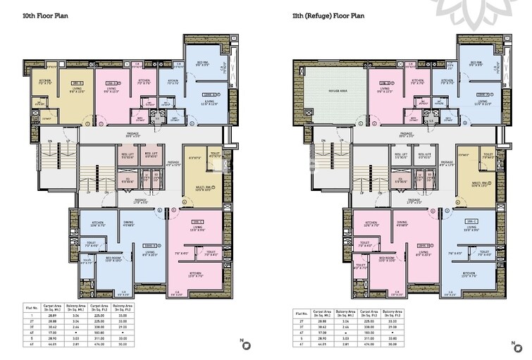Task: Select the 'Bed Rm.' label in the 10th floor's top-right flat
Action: coord(201,63)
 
